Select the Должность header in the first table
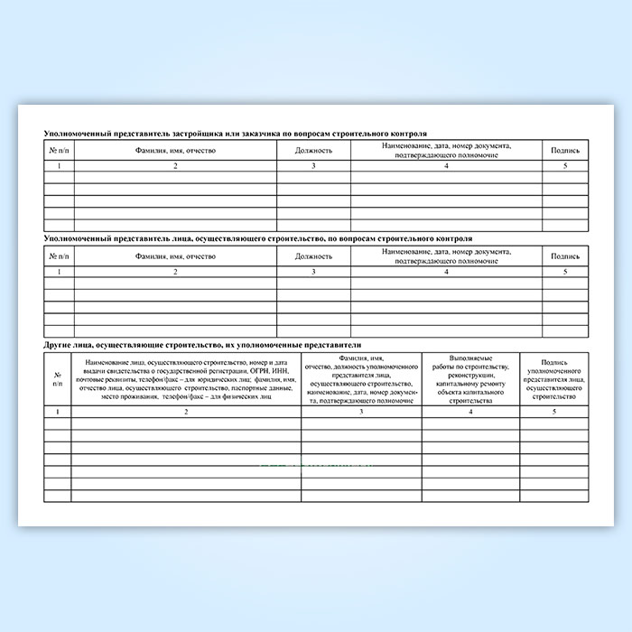tap(313, 150)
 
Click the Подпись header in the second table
tap(565, 256)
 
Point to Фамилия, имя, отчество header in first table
tap(175, 150)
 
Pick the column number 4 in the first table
tap(446, 166)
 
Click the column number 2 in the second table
tap(175, 272)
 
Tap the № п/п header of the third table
tap(58, 379)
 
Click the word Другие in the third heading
tap(58, 345)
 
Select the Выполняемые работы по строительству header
tap(470, 380)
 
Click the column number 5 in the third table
tap(554, 412)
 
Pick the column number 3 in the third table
tap(361, 412)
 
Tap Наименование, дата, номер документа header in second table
tap(446, 256)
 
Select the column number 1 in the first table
tap(60, 166)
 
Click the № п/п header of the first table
tap(60, 150)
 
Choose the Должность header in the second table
tap(313, 256)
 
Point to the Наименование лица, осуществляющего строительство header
tap(186, 380)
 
